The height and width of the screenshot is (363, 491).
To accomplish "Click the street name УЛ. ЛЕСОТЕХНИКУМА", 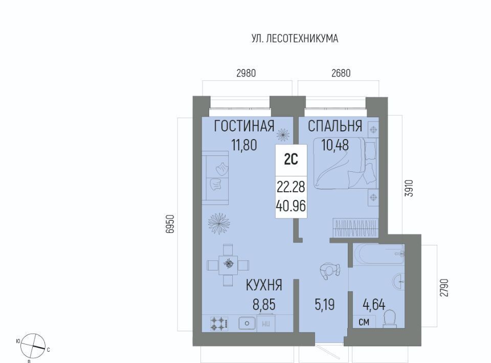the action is pos(295,38).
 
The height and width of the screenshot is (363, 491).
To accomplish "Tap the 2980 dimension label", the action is pos(246,73).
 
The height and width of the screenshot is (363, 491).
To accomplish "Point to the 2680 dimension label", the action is pos(341,73).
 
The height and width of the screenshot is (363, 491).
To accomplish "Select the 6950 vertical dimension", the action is pos(170,224).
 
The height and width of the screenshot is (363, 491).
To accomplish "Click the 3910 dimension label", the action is pos(409,188).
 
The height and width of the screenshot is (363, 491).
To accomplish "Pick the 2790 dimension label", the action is pos(444,287).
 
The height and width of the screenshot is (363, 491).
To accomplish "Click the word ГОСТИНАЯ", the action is pos(244,126).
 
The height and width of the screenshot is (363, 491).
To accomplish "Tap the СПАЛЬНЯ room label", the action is pos(334,126).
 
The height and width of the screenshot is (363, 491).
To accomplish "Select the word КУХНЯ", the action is pos(264,285).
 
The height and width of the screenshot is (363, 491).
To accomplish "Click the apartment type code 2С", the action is pos(291,160).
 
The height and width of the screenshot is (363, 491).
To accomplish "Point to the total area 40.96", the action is pos(291,206).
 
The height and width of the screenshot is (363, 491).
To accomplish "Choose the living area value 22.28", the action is pos(291,187).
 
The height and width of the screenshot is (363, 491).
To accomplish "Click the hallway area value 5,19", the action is pos(325,305).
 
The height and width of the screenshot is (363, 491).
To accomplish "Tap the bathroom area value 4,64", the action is pos(374,305).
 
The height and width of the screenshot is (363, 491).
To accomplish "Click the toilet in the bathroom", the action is pos(390,319).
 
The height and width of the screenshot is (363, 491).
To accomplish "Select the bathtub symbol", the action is pos(378,254).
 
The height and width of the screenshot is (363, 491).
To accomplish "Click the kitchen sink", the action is pos(247,323).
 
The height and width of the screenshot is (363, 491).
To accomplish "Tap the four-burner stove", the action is pos(219,324).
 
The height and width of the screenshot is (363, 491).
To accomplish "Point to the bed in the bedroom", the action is pos(345,164).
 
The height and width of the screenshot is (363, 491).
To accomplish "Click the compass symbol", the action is pos(33,346).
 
